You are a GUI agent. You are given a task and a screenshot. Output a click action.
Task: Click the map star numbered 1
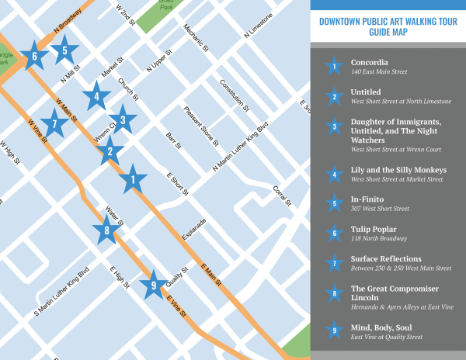click(x=133, y=180)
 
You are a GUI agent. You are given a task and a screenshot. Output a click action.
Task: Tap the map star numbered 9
click(x=153, y=285)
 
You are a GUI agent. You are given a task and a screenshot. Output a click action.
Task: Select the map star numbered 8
click(x=106, y=229)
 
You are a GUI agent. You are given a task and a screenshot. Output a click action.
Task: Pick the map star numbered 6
click(x=34, y=56)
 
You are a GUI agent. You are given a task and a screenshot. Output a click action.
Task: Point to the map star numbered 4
click(x=96, y=97)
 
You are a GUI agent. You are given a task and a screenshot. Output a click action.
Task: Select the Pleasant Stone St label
click(x=201, y=125)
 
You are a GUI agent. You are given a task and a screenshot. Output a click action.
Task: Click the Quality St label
click(x=178, y=275)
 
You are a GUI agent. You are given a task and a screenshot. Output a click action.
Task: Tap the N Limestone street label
click(x=258, y=26)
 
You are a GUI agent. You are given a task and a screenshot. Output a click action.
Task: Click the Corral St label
click(x=282, y=196)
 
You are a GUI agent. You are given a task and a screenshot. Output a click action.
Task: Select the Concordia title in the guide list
click(x=369, y=62)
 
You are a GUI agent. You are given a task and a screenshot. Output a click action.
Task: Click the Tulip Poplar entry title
click(x=374, y=229)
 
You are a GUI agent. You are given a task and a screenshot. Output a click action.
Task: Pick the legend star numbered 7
click(x=333, y=263)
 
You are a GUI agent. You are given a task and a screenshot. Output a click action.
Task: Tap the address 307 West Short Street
click(x=378, y=209)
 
